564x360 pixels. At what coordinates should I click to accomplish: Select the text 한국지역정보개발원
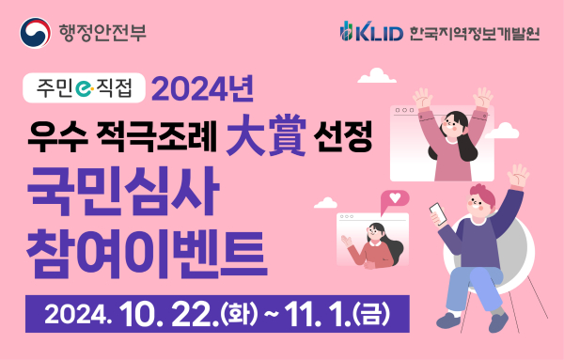[477, 34]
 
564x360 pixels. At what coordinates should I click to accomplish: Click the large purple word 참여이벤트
[147, 246]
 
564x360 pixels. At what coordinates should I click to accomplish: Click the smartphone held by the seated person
[438, 213]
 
